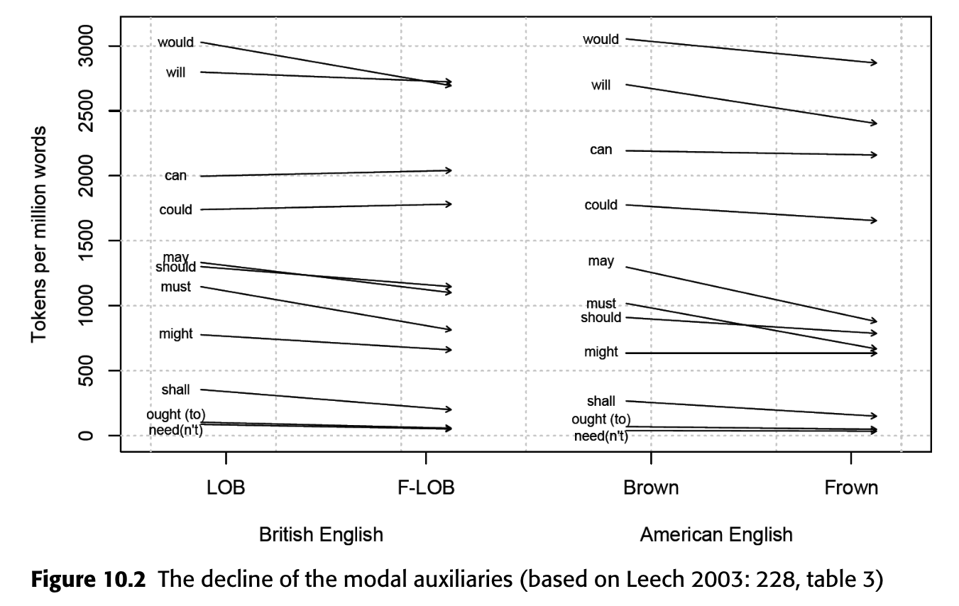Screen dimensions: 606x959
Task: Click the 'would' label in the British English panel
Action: [x=175, y=43]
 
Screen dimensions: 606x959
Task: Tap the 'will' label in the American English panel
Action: [x=601, y=86]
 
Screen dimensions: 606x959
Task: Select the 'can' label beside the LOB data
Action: [x=175, y=175]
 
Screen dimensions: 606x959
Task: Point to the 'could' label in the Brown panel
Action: [x=601, y=205]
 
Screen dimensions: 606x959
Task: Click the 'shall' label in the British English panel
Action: [x=175, y=390]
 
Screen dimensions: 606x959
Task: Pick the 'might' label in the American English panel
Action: [x=601, y=352]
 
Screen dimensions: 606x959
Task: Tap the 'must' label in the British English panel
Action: [x=175, y=287]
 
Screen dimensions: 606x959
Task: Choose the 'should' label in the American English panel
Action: [x=601, y=317]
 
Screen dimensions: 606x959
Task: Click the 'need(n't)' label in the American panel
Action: [x=601, y=436]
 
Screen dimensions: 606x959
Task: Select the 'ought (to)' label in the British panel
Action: [x=175, y=414]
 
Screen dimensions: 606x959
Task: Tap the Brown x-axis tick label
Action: [x=651, y=488]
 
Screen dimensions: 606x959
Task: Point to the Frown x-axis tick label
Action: [x=851, y=488]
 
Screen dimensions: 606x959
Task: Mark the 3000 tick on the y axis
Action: [x=86, y=45]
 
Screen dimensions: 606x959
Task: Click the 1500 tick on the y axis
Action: [x=86, y=241]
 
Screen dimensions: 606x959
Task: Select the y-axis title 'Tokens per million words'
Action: [x=40, y=234]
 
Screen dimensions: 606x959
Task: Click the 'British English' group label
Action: [x=321, y=534]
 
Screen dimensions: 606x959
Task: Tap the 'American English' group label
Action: [x=716, y=534]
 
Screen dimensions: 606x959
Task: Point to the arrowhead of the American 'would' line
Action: [x=876, y=63]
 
